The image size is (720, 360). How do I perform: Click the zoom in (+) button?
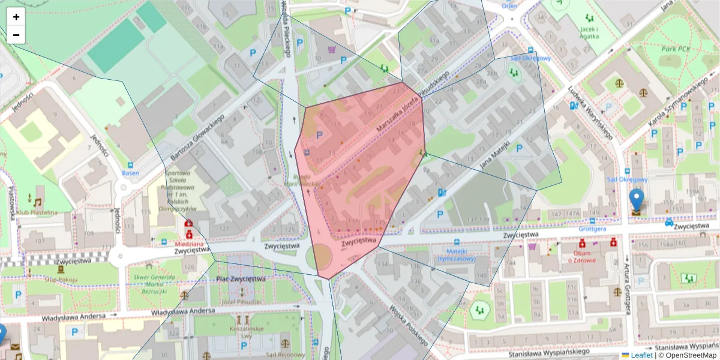click(16, 17)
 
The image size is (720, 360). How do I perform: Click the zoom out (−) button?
click(16, 35)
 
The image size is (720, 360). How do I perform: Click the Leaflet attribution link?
click(641, 355)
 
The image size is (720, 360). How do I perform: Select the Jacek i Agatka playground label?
click(589, 32)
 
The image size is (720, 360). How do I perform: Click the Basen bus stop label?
click(130, 173)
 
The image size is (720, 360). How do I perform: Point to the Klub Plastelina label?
click(37, 212)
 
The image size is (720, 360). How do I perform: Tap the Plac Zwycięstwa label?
click(241, 279)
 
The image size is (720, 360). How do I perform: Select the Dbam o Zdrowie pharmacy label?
click(581, 256)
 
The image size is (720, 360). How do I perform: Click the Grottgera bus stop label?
click(592, 229)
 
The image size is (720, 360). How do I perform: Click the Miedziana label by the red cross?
click(190, 244)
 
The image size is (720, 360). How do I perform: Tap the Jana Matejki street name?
click(494, 155)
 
